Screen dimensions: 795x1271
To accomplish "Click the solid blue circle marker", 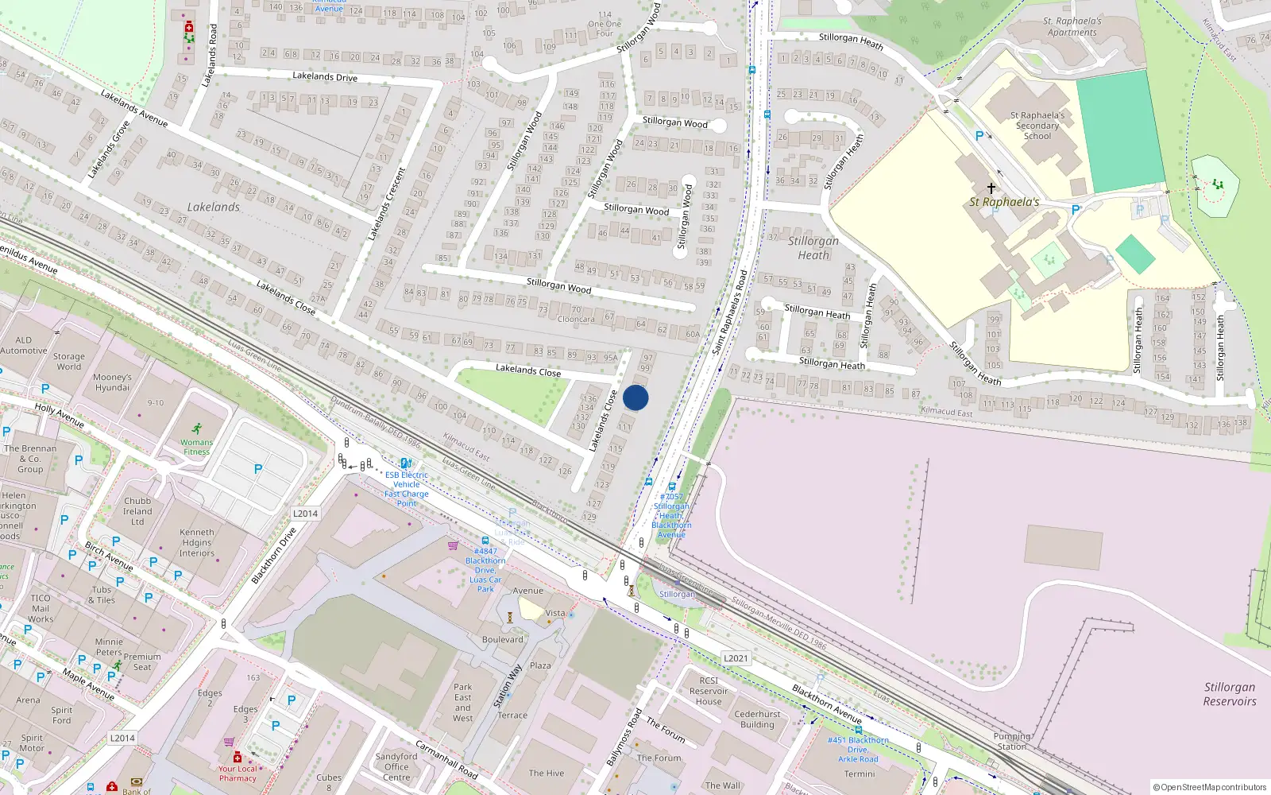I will [635, 397].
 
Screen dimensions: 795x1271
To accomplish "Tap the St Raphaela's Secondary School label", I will [1037, 126].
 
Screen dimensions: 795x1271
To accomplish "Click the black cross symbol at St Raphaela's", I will [991, 188].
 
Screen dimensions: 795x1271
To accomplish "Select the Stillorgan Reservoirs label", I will [1229, 694].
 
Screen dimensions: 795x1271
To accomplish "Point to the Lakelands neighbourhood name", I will [213, 207].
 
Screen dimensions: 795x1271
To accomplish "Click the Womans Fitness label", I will [196, 447].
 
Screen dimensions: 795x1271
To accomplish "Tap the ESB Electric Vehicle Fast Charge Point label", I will [407, 484].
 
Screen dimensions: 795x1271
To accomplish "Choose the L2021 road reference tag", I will [736, 658].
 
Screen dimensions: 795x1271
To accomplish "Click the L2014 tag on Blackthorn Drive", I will [305, 514].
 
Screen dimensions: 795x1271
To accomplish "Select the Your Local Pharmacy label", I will [238, 773].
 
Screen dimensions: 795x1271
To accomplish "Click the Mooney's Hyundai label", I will [112, 382].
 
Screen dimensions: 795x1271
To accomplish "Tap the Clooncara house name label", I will [576, 320].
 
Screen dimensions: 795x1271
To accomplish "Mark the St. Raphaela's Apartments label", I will [1072, 27].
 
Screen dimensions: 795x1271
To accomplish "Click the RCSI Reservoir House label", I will [709, 691].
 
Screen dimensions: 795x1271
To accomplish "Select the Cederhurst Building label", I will [757, 719].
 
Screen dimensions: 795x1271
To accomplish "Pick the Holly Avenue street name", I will [59, 415].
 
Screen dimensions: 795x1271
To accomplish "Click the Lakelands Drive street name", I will [325, 76].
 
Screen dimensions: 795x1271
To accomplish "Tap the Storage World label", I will [68, 362].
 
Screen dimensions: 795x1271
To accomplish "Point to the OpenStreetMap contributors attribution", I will [1209, 787].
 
